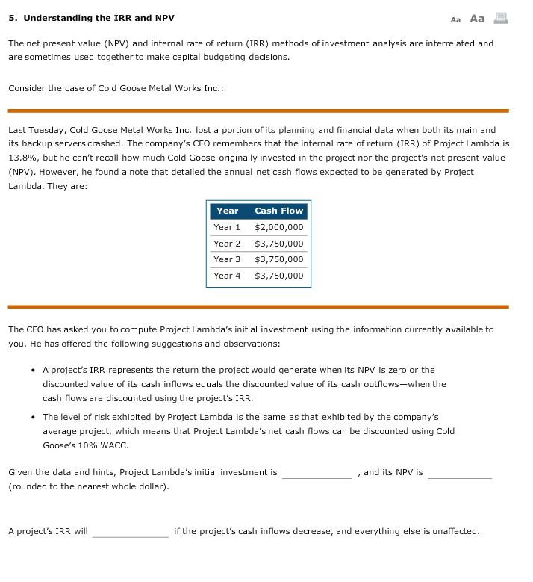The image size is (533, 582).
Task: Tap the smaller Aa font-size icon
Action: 456,19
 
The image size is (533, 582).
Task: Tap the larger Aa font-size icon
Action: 477,18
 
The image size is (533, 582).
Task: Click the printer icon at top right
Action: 501,18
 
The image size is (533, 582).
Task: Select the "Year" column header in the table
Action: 227,211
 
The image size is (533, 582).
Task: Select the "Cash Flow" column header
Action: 278,211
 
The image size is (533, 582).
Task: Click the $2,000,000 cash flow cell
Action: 278,227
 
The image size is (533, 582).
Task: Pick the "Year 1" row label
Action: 227,227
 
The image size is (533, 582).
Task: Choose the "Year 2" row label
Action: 227,244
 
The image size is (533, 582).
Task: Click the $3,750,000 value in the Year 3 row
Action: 278,259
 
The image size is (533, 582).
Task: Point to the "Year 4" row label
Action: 227,276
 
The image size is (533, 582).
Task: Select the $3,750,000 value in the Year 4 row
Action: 278,276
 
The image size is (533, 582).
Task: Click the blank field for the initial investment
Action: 317,473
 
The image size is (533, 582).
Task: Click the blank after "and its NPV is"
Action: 459,473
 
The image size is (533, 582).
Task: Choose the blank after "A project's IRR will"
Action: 130,532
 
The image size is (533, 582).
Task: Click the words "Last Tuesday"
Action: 35,130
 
